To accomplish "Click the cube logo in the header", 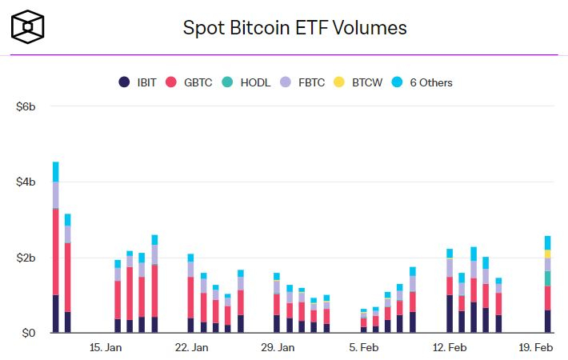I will point(28,27).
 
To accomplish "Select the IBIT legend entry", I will point(138,82).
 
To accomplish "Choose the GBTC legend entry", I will point(190,82).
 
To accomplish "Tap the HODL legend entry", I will point(247,82).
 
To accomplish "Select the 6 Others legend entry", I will point(423,82).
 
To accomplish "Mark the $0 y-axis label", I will point(29,333).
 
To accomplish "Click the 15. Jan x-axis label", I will point(106,347).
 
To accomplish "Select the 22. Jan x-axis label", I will point(191,347).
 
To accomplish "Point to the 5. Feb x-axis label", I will point(364,347).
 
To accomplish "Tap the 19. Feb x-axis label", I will point(535,347).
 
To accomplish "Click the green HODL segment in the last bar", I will point(547,278).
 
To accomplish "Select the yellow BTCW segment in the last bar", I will point(547,254).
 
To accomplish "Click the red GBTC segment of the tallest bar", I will point(55,251).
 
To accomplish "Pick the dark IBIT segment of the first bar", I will point(55,314).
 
